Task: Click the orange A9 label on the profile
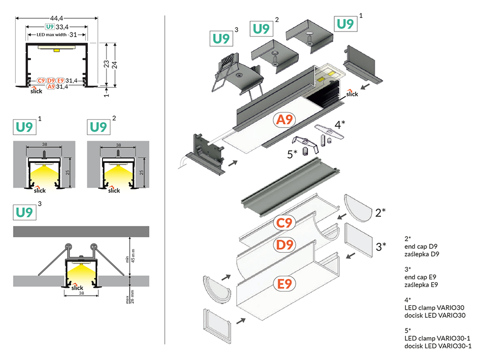pos(284,120)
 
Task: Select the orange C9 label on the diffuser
pos(285,222)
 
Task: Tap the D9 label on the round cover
pos(285,245)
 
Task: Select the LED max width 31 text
pos(57,35)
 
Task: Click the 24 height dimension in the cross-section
pos(117,64)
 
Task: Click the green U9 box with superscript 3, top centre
pos(221,39)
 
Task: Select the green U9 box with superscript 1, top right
pos(345,23)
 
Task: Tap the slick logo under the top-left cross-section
pos(36,90)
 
